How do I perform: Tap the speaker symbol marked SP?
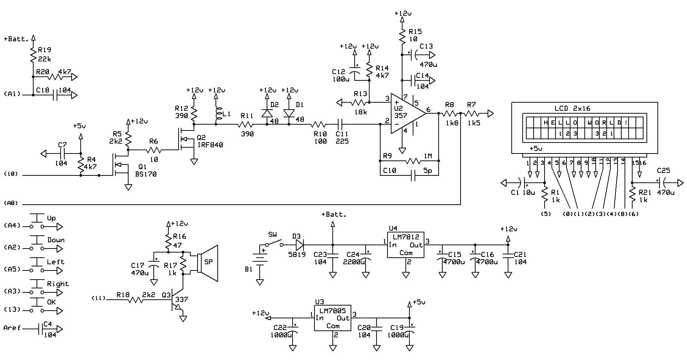pos(208,263)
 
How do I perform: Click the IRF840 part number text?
pos(210,145)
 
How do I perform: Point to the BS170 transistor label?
pos(146,174)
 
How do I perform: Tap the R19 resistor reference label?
pos(45,50)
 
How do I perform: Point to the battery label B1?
pos(248,269)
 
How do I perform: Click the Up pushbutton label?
pos(51,218)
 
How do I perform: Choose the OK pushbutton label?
pos(51,302)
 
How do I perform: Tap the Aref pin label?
pos(12,328)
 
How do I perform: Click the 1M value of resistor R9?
pos(428,156)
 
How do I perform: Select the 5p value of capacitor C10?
pos(428,171)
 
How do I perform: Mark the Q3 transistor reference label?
pos(166,295)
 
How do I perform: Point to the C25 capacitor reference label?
pos(664,171)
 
